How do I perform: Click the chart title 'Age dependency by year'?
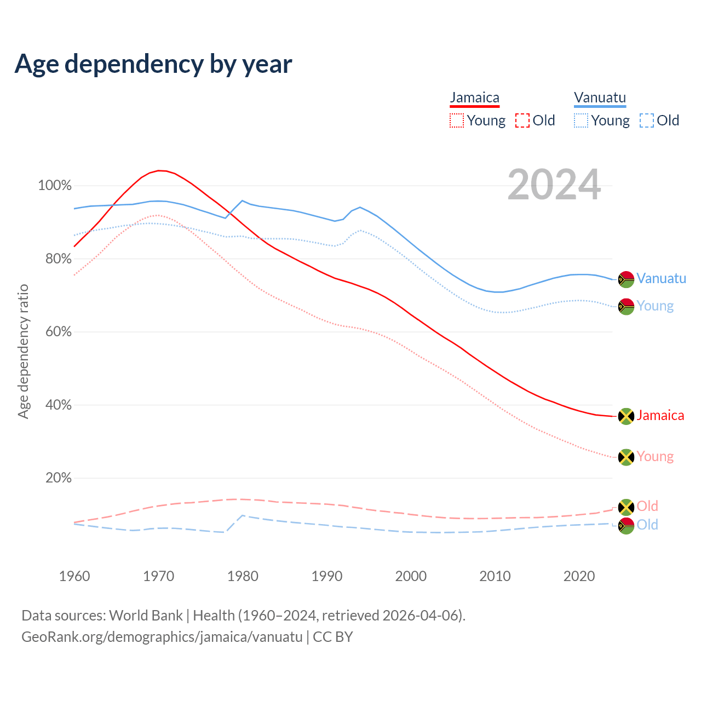click(153, 64)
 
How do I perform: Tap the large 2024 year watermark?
click(554, 185)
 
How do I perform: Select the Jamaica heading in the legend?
click(474, 97)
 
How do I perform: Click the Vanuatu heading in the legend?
click(600, 97)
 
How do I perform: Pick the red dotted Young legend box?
click(456, 120)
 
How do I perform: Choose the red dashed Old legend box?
click(522, 120)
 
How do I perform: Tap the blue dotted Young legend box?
click(581, 120)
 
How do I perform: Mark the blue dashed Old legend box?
click(647, 120)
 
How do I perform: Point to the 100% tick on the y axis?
click(55, 186)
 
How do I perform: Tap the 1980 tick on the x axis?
click(243, 576)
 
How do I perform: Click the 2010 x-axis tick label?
click(495, 576)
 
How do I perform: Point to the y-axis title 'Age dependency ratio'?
click(23, 351)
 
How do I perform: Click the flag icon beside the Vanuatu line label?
click(626, 279)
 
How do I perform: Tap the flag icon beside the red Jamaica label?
click(626, 416)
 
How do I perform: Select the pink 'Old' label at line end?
click(647, 506)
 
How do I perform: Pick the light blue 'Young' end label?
click(655, 306)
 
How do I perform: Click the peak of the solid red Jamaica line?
click(159, 170)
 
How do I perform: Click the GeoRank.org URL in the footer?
click(162, 637)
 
